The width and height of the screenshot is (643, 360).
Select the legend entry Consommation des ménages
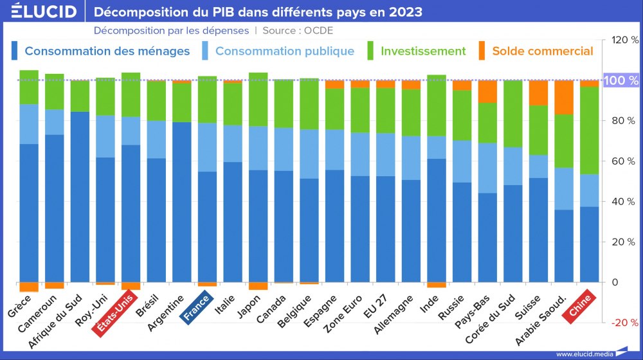point(107,51)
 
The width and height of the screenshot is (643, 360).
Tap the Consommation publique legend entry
point(284,51)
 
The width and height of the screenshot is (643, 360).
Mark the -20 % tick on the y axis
point(624,323)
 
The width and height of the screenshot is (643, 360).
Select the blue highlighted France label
point(197,307)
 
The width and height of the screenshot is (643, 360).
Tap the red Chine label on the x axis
point(581,305)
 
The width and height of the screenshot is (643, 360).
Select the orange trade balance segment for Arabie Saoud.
point(564,97)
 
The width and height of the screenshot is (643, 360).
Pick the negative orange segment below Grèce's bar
point(29,287)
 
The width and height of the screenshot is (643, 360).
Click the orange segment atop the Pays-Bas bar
point(487,91)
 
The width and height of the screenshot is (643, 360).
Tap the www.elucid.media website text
point(583,354)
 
